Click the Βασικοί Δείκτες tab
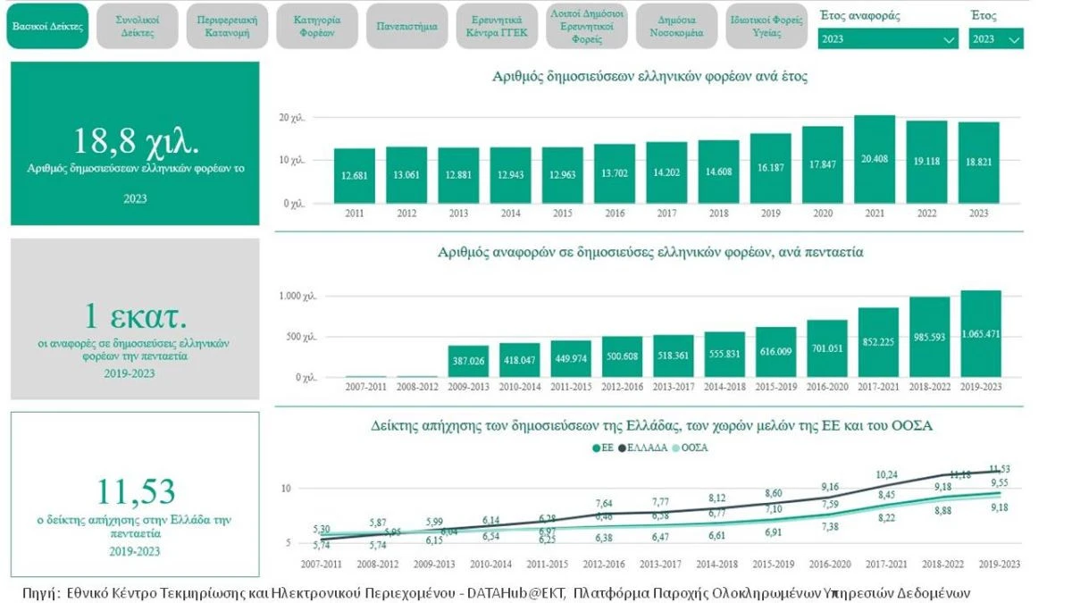47,26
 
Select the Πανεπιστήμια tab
406,26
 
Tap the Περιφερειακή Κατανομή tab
227,26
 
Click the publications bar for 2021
874,160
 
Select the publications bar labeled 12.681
354,175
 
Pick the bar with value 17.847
822,165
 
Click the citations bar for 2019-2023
980,334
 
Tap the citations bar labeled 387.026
469,361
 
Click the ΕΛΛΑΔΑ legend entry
642,448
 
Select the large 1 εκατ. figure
136,317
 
